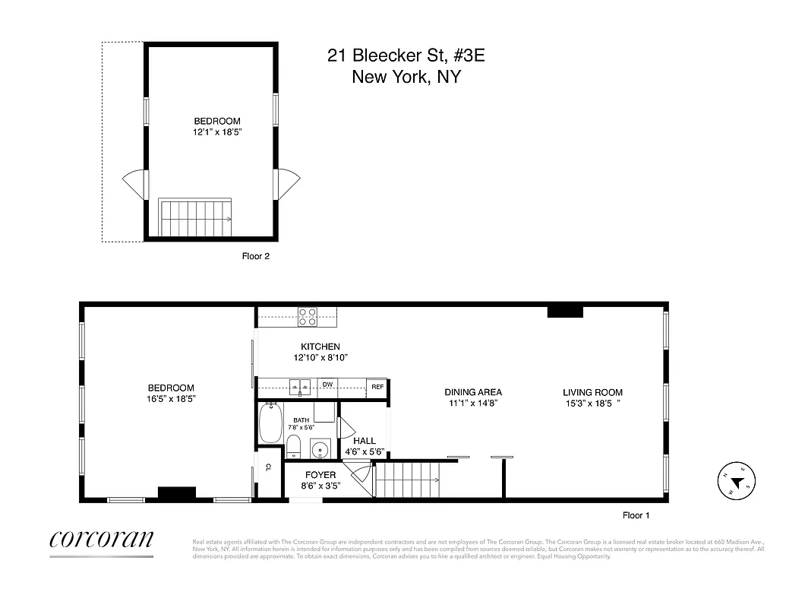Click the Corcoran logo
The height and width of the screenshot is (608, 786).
click(x=101, y=539)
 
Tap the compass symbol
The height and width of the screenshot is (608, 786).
click(x=736, y=480)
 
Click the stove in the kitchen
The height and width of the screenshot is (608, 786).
click(x=308, y=317)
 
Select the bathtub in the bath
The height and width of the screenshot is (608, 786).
click(x=270, y=424)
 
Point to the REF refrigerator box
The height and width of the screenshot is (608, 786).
click(x=377, y=387)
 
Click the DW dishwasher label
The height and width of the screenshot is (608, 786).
click(x=328, y=385)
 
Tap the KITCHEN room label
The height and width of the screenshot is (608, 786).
click(x=320, y=347)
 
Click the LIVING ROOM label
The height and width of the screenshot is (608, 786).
click(x=592, y=392)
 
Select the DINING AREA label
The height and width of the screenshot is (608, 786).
click(x=472, y=392)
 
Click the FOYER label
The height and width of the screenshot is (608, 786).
click(x=320, y=475)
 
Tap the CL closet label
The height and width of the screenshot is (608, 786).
click(x=268, y=468)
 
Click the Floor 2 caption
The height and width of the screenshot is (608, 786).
click(x=255, y=256)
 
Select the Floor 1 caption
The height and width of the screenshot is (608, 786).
click(x=636, y=515)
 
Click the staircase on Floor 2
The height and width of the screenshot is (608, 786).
click(x=195, y=218)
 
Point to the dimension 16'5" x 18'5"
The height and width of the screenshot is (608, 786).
click(x=171, y=398)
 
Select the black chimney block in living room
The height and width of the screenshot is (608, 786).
click(x=565, y=311)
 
